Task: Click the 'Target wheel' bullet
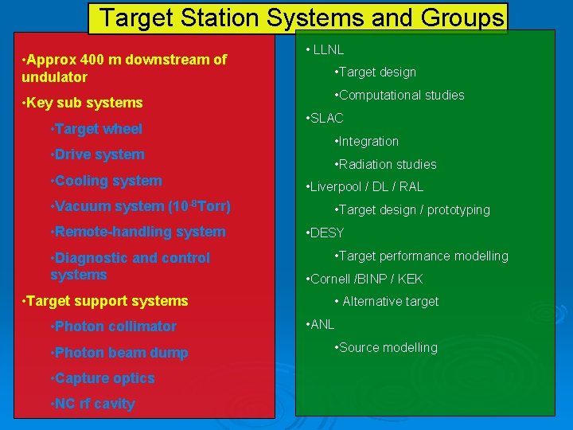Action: pos(96,129)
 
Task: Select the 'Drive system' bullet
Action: pos(97,154)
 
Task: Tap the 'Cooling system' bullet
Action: pos(106,181)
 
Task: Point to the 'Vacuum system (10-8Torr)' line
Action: pos(140,206)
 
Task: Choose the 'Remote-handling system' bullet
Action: pos(138,232)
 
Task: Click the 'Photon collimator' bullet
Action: pos(113,326)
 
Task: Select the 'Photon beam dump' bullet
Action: pos(119,353)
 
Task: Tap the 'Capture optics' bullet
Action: pos(102,378)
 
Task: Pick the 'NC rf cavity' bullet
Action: pos(92,404)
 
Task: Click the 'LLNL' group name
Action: pos(327,49)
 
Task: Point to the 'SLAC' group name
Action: pos(325,118)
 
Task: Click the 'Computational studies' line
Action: pos(400,96)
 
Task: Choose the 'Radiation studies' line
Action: pos(387,165)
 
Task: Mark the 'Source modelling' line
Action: pos(387,348)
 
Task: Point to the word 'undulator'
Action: pos(54,77)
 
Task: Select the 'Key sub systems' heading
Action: pos(84,103)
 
